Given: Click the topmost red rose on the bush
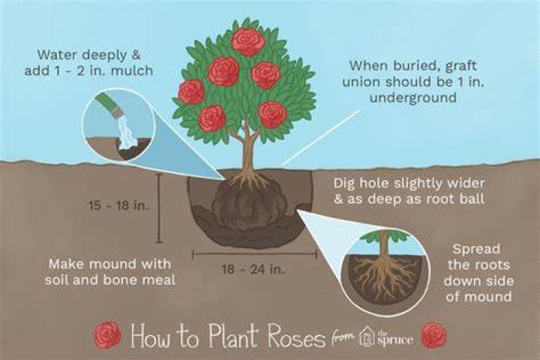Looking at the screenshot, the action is [248, 42].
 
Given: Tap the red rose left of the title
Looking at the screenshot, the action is [108, 334].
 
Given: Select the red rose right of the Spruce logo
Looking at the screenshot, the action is [434, 335].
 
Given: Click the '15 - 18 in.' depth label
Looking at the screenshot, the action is [118, 205].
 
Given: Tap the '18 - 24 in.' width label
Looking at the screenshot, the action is [253, 268].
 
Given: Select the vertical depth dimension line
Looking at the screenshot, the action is [159, 208].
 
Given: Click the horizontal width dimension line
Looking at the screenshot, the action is [254, 254].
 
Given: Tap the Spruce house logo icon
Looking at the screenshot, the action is [366, 337].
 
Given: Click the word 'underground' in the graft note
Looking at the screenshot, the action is [413, 97].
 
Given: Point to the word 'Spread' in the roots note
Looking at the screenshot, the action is [476, 250].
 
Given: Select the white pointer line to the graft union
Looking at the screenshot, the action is [321, 136].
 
